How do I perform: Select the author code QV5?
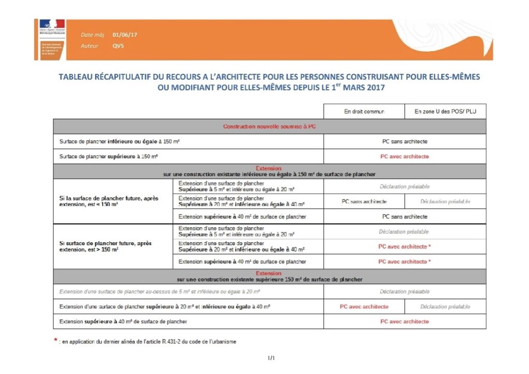[118, 46]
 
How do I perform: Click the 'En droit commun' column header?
[364, 112]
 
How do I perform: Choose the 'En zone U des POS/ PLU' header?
[445, 112]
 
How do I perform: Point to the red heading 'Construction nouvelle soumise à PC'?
[269, 127]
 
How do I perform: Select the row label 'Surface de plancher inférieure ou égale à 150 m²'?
[119, 142]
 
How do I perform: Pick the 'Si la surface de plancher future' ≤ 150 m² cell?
[113, 201]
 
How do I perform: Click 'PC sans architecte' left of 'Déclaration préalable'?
[364, 201]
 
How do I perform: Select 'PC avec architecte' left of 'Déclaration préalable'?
[364, 306]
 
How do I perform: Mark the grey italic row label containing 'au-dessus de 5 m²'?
[159, 292]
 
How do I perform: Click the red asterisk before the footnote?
[55, 340]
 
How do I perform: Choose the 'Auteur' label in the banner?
[89, 46]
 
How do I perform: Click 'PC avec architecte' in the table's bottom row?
[404, 321]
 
